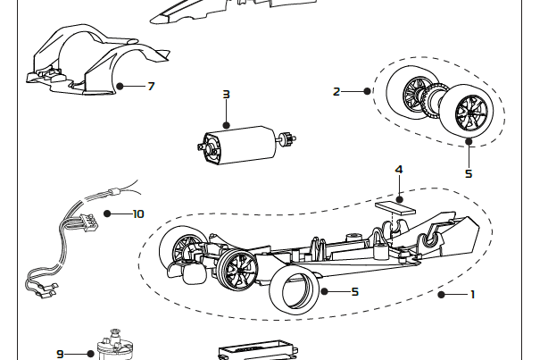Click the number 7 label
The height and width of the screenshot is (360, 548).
(x=151, y=87)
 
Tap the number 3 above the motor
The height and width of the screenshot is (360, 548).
(x=226, y=94)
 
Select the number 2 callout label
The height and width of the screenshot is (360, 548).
(x=336, y=91)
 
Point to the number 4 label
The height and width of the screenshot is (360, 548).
(x=399, y=169)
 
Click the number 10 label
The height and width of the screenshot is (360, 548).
(x=137, y=213)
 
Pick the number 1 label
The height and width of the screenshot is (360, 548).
(x=472, y=294)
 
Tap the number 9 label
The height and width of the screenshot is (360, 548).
(x=61, y=354)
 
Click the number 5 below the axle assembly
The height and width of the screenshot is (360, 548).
(x=468, y=173)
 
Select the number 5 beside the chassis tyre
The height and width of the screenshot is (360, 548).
(x=354, y=291)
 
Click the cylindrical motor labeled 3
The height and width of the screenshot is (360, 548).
(x=240, y=144)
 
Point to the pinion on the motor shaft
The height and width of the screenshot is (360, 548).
(x=287, y=138)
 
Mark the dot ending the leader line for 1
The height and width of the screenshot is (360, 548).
(x=440, y=294)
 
